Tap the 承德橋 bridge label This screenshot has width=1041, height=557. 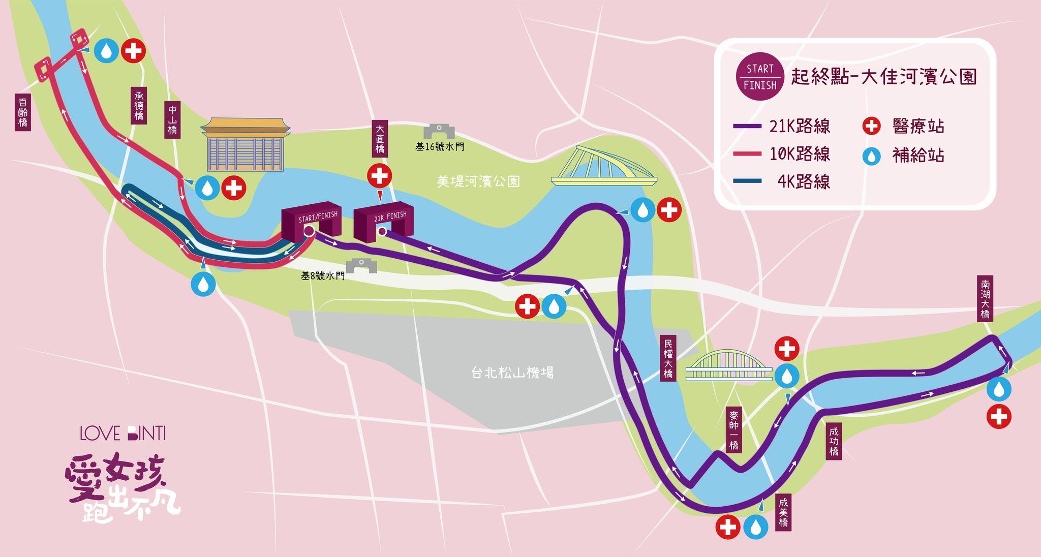(139, 106)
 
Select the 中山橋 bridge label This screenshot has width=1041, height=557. (173, 120)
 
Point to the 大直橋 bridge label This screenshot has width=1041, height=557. (380, 138)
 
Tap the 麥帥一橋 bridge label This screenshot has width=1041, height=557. (733, 429)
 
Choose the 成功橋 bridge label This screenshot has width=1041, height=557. (834, 441)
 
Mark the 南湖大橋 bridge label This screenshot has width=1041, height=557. (985, 299)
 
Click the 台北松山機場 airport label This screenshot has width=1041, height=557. (512, 373)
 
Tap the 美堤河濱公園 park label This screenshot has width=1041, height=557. (478, 181)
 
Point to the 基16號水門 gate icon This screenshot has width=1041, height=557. (439, 131)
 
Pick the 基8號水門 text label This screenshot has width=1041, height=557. (322, 276)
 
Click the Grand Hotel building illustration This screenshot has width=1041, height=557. (245, 144)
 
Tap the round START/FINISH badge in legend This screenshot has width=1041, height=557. (760, 76)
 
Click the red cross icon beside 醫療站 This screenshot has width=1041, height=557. (872, 126)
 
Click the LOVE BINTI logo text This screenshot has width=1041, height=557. (123, 434)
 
